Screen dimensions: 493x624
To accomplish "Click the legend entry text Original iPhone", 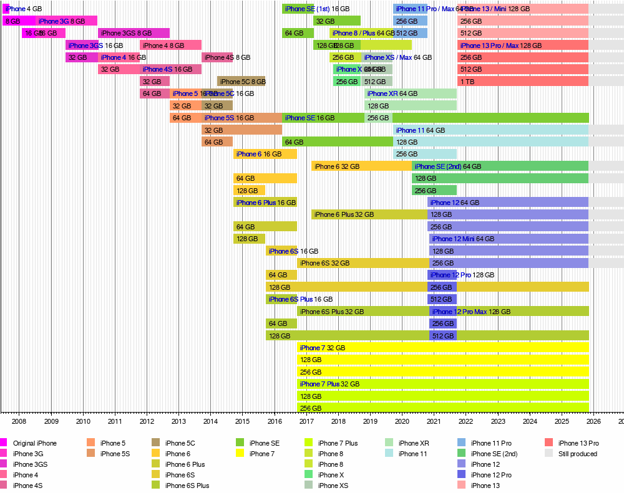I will point(34,443).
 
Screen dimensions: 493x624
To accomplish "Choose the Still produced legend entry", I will point(578,454).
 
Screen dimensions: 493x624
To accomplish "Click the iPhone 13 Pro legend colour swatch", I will point(549,443).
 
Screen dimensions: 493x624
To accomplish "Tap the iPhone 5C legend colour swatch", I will point(156,443).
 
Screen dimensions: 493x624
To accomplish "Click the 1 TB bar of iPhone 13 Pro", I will point(523,82).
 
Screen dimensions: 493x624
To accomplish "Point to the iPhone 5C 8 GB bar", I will point(241,82).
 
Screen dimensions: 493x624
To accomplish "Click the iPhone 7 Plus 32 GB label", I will point(329,384).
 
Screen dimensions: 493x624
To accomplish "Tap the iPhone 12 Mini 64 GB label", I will point(463,239).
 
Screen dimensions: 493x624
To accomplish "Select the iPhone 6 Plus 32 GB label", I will point(344,214).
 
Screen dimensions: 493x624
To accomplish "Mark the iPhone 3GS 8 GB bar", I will point(134,33).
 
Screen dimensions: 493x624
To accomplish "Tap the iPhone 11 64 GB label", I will point(421,130).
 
